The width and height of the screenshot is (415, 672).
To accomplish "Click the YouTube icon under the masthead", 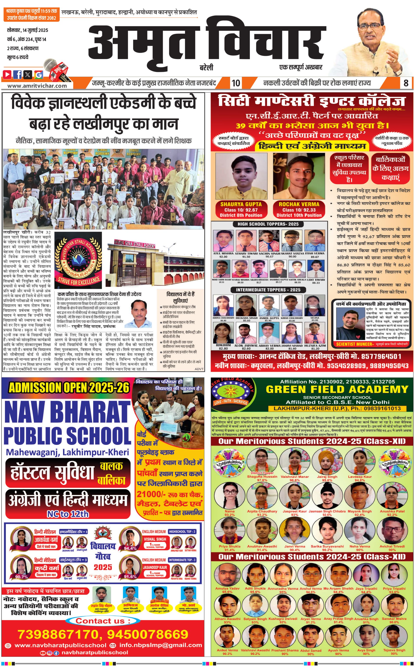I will coord(7,74).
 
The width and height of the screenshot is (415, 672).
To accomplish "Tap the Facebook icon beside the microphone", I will coord(18,74).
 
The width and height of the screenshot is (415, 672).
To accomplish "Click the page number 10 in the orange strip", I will coord(236,83).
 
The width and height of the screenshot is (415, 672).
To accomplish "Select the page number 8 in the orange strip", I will coord(406,83).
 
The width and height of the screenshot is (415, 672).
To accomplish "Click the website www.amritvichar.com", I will coord(37,86).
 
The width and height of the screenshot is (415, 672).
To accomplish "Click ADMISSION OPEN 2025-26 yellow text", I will coord(69,388).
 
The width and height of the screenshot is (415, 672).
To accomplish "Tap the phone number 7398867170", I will coord(58,634).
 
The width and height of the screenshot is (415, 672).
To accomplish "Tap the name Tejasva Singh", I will coord(394,650).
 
